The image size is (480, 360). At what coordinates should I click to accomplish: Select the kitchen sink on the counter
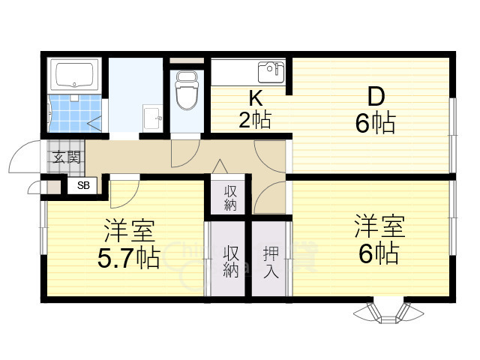tap(269, 72)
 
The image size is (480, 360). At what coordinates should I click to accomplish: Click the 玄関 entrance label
tap(67, 157)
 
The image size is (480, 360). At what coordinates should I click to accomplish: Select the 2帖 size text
tap(255, 119)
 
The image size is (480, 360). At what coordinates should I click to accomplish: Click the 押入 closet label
tap(270, 262)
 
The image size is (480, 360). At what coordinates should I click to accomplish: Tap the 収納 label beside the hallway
tap(231, 196)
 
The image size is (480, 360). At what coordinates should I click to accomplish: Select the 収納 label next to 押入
tap(231, 262)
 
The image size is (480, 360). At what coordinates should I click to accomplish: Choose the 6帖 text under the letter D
tap(375, 123)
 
